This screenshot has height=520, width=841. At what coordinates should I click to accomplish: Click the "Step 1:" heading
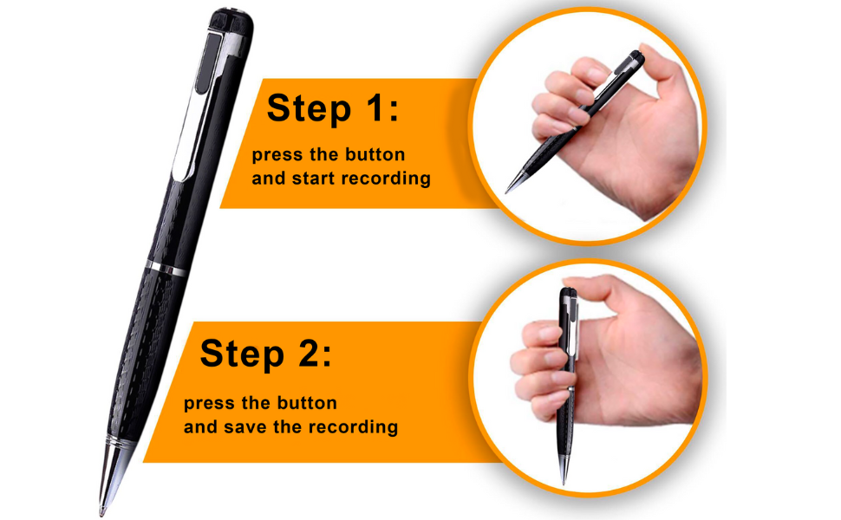(333, 110)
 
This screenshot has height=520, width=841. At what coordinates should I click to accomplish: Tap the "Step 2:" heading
(265, 354)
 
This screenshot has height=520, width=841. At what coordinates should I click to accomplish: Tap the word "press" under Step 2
(209, 404)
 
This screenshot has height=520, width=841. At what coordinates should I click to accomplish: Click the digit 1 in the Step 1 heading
(375, 110)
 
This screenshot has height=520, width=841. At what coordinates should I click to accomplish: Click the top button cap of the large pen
(230, 18)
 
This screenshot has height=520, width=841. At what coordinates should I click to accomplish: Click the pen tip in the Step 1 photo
(509, 188)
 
